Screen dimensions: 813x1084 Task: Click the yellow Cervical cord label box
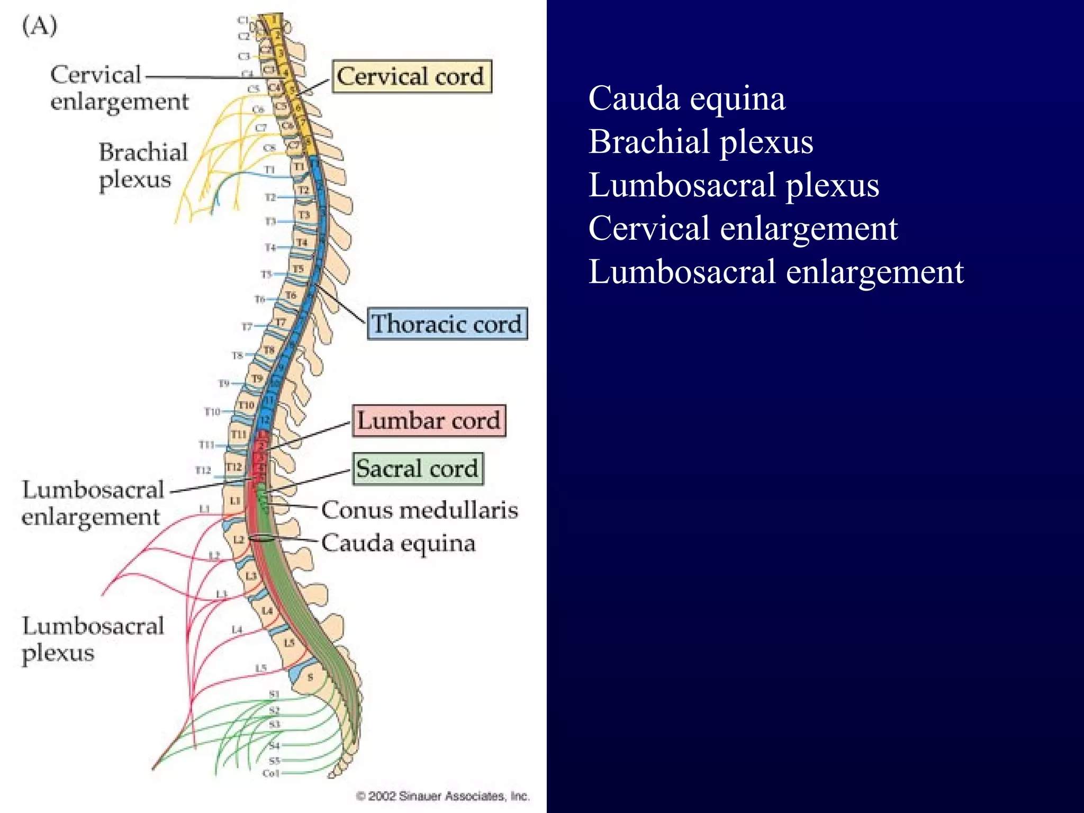[411, 77]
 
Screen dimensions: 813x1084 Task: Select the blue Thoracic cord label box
[447, 323]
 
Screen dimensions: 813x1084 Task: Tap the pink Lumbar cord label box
[429, 421]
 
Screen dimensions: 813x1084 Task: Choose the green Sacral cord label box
[418, 468]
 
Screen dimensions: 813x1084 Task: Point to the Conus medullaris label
[419, 510]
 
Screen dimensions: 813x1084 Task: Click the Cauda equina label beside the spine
[398, 543]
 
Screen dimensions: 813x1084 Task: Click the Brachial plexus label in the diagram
[143, 165]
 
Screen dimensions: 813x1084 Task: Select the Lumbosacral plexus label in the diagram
[93, 639]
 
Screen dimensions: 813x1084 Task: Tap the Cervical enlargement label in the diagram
[119, 88]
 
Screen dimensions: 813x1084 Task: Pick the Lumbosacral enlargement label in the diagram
[92, 503]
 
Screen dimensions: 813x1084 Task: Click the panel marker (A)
[39, 25]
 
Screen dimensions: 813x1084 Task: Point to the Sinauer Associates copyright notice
[442, 796]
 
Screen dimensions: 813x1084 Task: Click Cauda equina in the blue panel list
[686, 98]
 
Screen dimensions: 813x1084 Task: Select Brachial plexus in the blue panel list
[701, 142]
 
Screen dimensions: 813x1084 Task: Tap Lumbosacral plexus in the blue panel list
[734, 185]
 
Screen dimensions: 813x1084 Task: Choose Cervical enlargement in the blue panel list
[743, 229]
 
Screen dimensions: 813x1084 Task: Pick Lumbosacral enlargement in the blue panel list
[776, 272]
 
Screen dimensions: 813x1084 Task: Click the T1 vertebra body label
[300, 167]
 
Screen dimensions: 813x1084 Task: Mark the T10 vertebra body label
[246, 405]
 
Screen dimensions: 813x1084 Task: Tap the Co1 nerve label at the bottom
[271, 773]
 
